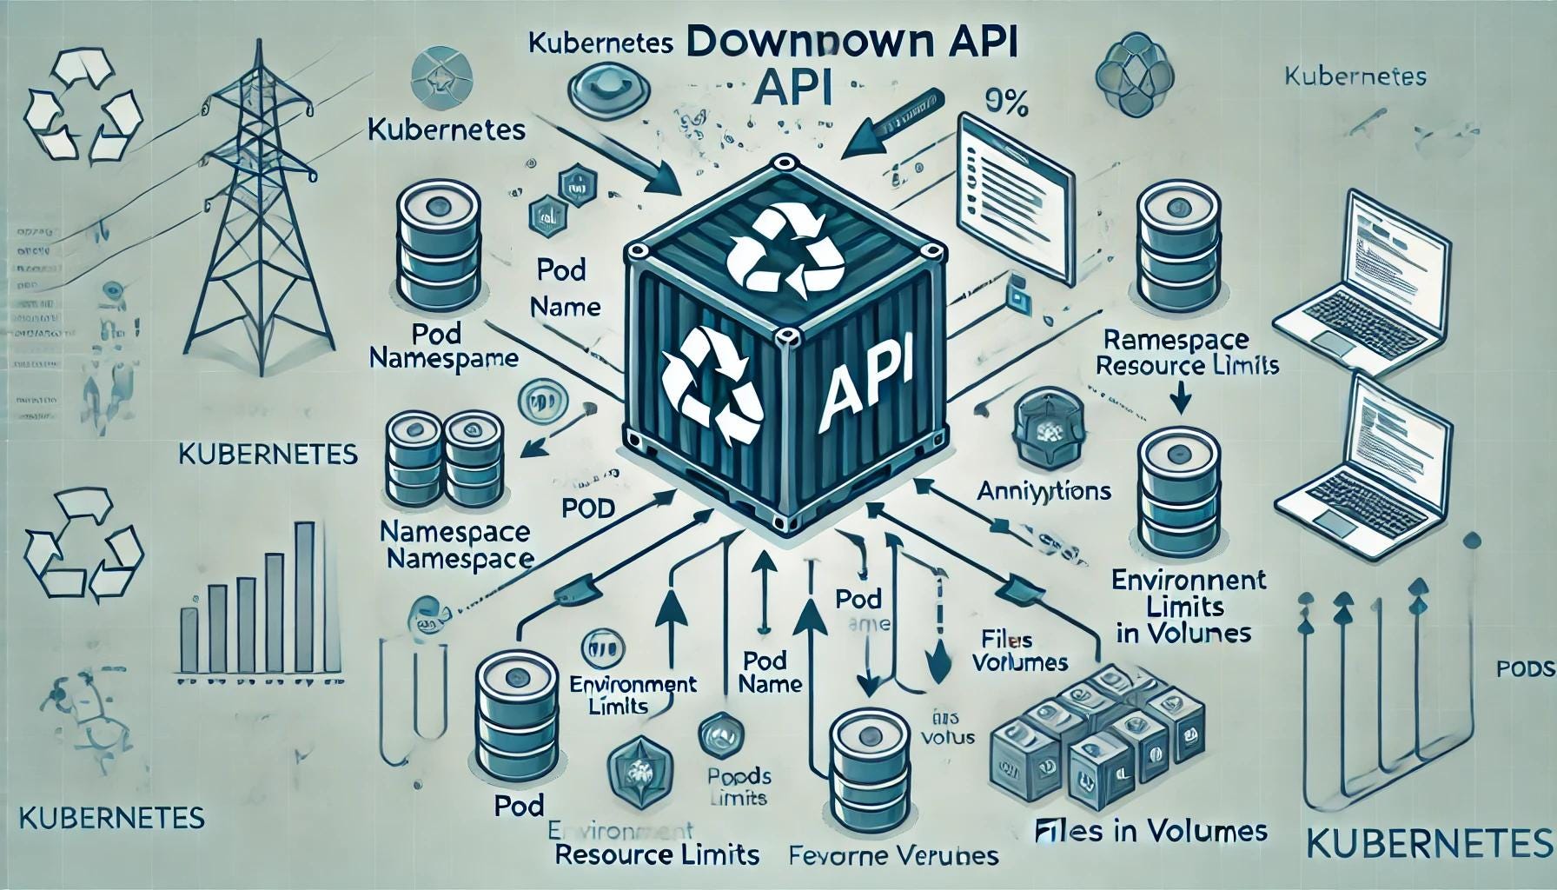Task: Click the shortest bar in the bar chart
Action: tap(188, 640)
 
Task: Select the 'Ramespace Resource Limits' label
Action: tap(1185, 352)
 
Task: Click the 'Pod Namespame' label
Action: tap(444, 345)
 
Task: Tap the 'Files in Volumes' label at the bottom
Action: tap(1150, 832)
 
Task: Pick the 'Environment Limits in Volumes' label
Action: tap(1183, 605)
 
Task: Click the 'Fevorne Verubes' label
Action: tap(892, 856)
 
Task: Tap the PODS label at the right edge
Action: tap(1525, 668)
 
